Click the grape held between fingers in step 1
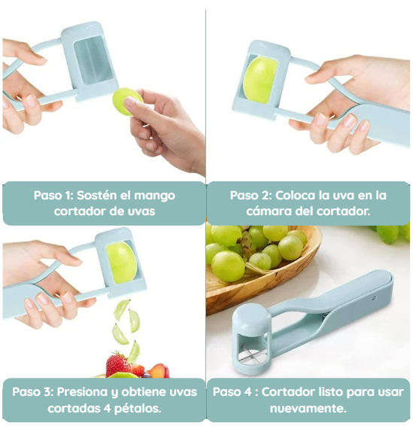coord(127,101)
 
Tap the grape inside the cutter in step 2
coord(260,80)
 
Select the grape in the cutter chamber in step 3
coord(121,263)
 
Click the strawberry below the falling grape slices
coord(117,365)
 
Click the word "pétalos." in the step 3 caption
coord(138,409)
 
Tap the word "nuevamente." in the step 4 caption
coord(308,409)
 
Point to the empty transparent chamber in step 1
coord(93,59)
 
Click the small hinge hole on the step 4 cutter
coord(374,298)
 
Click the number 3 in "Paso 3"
coord(47,392)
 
